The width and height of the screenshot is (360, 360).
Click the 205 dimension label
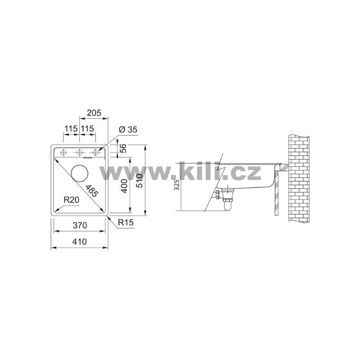pos(94,113)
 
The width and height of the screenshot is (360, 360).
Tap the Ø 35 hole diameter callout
pos(128,130)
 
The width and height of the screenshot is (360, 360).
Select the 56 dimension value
pos(123,148)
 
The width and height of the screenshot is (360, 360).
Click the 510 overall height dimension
pos(139,181)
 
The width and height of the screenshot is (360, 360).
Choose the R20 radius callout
pos(72,200)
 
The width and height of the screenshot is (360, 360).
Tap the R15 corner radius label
pos(126,222)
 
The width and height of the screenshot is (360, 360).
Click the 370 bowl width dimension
pos(80,225)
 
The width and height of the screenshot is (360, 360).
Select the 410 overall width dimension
pos(80,242)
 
